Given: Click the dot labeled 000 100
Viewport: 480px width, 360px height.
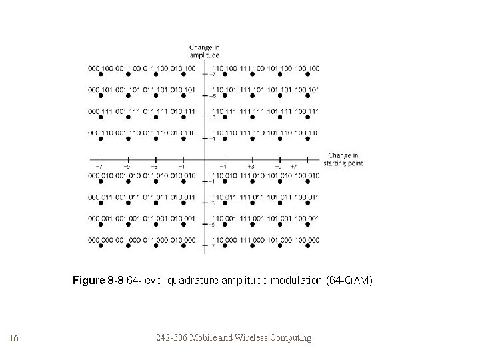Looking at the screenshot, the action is coord(100,75).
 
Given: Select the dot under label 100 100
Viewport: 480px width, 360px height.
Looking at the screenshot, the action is coord(306,75).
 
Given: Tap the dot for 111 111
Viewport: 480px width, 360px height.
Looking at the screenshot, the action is coord(251,118).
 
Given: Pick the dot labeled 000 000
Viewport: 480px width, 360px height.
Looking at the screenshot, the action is coord(100,247).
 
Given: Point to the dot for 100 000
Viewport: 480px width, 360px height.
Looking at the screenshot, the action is coord(306,247).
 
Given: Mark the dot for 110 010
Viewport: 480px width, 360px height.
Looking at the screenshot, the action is coord(223,183).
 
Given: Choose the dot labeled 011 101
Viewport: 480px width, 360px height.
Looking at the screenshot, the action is coord(155,96).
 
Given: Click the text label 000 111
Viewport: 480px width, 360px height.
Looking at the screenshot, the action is coord(100,111).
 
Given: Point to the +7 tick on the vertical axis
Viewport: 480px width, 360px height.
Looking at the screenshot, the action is coord(212,75).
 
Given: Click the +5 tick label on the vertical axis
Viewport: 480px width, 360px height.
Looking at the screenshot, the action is coord(212,97).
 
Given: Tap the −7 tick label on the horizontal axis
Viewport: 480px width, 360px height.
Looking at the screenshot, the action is coord(99,166).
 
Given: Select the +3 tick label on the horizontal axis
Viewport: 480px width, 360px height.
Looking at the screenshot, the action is coord(251,166).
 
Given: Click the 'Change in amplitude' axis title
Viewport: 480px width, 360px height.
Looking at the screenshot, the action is coord(204,51).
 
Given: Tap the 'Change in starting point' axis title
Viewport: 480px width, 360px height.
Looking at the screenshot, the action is coord(343,160).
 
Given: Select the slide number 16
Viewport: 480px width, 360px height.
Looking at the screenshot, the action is coord(14,338).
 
